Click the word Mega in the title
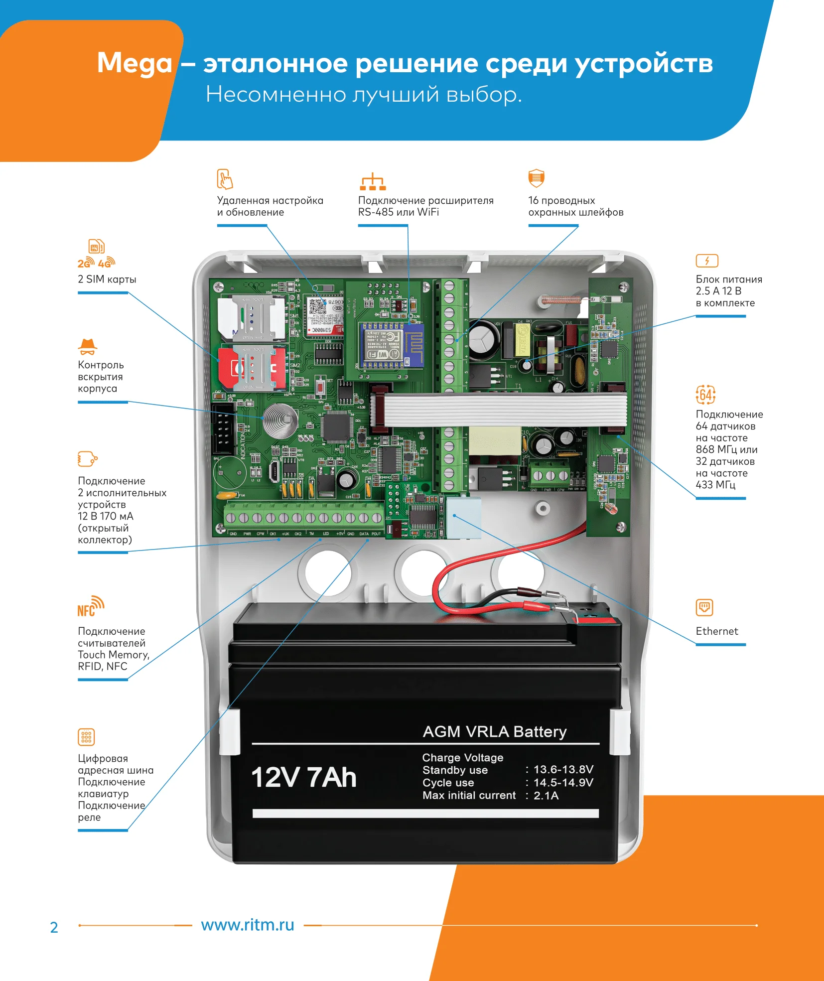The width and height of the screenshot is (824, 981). [135, 64]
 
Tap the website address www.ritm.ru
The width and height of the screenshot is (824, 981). [248, 925]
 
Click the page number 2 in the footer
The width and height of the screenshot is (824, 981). [54, 927]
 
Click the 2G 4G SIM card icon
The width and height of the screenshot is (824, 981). [97, 254]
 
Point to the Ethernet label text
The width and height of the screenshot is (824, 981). [716, 631]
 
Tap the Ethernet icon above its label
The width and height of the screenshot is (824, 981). [704, 607]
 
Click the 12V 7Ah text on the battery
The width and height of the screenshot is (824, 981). [304, 777]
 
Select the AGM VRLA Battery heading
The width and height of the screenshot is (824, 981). [494, 731]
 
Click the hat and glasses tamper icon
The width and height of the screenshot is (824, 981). [88, 346]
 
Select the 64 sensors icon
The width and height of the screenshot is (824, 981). [705, 395]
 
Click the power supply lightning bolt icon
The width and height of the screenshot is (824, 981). [706, 261]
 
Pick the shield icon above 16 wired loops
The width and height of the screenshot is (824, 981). [536, 178]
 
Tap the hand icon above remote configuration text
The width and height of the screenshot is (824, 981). [225, 179]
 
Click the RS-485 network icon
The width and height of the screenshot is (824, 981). [373, 182]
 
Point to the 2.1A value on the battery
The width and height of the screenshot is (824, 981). [546, 796]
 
